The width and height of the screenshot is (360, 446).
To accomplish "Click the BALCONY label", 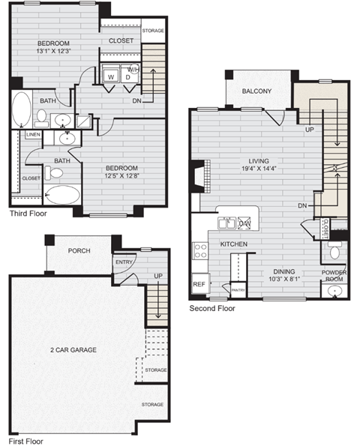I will pos(256,91).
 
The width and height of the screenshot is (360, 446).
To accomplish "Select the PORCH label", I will pos(79,250).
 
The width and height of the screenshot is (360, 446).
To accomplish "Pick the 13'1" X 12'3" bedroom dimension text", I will pos(53,52).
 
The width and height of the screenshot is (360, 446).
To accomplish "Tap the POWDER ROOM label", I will pos(333,276).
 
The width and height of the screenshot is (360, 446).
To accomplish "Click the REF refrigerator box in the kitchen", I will pos(199,284).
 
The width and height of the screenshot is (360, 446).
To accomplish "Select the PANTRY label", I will pos(238,289).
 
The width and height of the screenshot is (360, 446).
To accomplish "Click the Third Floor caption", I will pos(28,214).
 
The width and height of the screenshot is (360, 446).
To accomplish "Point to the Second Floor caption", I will pos(212,308).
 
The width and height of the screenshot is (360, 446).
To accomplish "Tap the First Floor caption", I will pos(25,441).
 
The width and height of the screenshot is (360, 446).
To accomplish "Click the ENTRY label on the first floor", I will pos(124,262).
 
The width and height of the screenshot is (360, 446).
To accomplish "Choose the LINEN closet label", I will pos(32,135).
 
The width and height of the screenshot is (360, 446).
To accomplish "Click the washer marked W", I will pos(110,76).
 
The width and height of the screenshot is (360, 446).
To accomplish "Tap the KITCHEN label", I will pos(235,244).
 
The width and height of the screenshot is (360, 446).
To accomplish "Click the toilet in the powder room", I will pos(335,253).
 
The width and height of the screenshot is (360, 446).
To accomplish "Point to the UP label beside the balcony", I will pos(309,129).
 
